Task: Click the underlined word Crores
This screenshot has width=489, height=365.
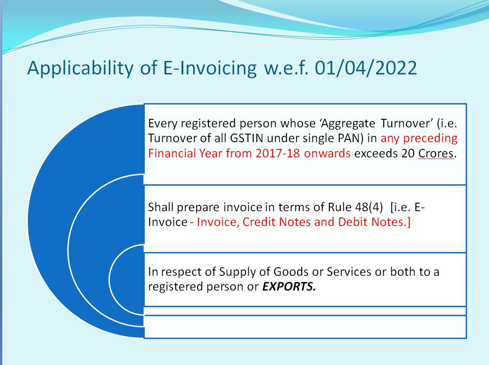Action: [436, 153]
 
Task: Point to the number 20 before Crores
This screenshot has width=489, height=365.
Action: [409, 153]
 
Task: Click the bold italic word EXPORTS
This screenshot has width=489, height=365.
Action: [289, 287]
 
